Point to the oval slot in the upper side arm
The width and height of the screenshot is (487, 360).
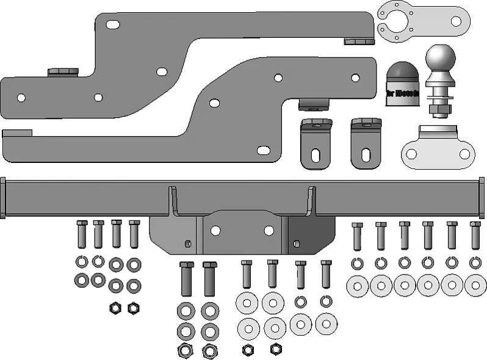tap(113, 24)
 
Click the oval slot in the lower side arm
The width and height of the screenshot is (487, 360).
tap(264, 149)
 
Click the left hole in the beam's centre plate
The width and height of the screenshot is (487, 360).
tap(215, 231)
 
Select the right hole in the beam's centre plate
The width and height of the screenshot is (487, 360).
tap(269, 231)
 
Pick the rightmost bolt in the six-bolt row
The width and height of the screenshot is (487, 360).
tap(475, 236)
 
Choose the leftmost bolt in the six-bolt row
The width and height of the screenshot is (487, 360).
tap(357, 236)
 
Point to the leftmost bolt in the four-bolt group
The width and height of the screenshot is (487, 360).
tap(82, 234)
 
